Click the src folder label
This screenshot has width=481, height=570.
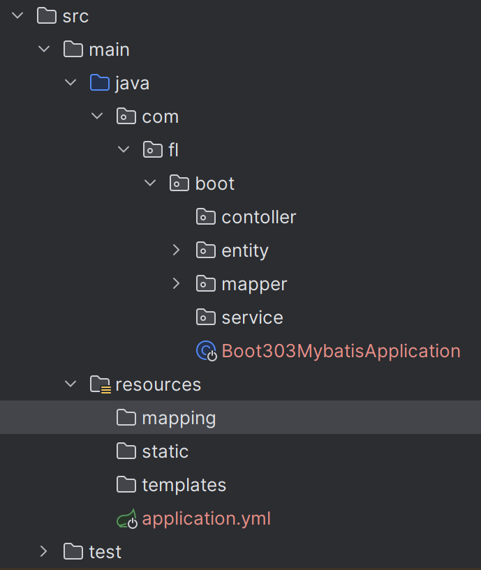pos(75,16)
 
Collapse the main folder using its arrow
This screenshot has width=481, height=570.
pos(45,50)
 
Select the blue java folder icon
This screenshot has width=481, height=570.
pos(100,83)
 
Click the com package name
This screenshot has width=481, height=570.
pos(160,117)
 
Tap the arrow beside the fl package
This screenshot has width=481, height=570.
pos(124,150)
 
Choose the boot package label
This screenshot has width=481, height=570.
pos(215,183)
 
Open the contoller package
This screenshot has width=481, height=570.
pos(258,217)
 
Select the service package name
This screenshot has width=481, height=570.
pos(252,317)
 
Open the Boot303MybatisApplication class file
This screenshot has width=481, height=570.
pos(341,351)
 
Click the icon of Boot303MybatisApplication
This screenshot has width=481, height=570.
pos(207,351)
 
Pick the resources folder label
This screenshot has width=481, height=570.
pos(158,384)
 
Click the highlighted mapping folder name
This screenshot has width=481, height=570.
pos(179,418)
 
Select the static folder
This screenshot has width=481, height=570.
pos(165,451)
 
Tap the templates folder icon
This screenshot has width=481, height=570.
pos(126,485)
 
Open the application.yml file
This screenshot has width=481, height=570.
pos(206,518)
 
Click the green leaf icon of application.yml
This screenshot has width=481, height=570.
pos(126,519)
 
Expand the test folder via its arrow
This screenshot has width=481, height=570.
pos(45,552)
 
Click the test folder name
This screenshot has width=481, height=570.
pos(105,552)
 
